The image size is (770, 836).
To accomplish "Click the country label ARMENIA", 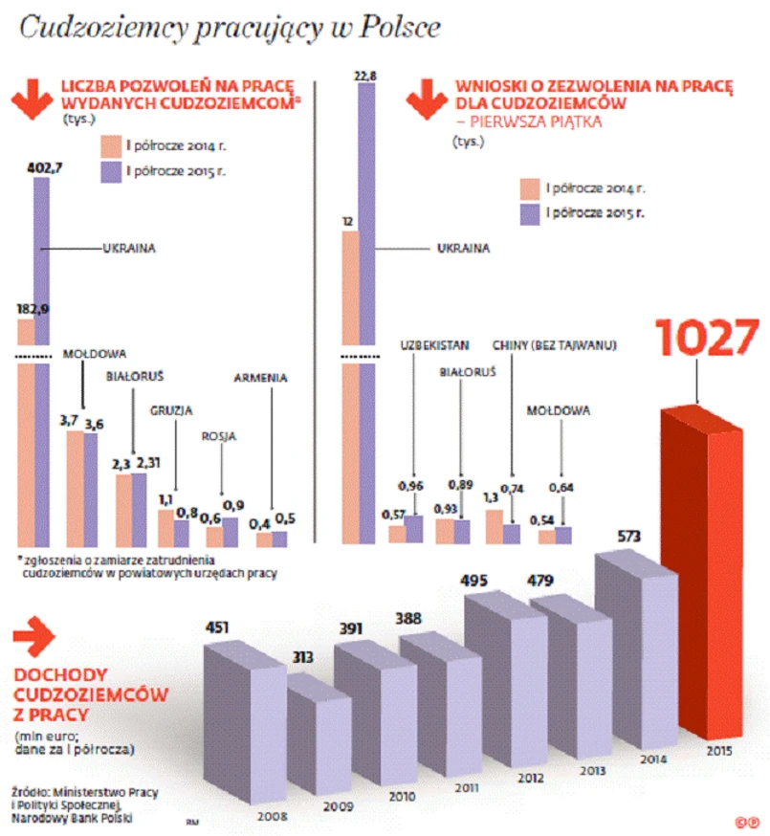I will click(x=260, y=378).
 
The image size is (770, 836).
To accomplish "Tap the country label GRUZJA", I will click(x=171, y=410).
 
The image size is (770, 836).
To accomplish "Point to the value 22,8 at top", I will click(x=366, y=75).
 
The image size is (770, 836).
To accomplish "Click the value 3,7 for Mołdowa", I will click(x=68, y=421).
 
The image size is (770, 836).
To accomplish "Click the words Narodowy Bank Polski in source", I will click(x=72, y=819).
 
